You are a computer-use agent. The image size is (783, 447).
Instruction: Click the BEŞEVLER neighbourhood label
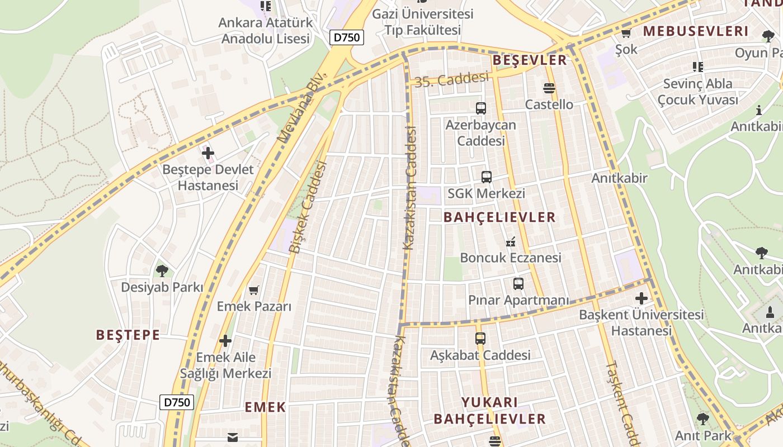tap(529, 60)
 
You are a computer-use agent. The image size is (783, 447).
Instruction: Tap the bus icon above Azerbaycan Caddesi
tap(481, 108)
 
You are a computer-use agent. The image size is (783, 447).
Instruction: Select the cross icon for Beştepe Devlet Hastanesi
tap(208, 153)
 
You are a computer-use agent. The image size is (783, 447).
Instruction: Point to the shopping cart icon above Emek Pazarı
tap(254, 290)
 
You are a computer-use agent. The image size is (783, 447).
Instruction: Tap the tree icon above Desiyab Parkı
tap(162, 271)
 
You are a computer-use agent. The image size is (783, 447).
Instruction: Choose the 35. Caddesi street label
tap(452, 80)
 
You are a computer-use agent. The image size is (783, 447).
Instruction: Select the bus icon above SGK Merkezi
tap(487, 177)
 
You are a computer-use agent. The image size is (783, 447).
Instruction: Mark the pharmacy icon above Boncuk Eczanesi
tap(510, 242)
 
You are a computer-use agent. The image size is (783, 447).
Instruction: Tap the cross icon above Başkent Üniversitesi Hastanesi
tap(641, 298)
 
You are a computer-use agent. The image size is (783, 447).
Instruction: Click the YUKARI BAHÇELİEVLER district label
tap(490, 411)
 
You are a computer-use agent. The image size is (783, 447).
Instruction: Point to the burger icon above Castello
tap(549, 88)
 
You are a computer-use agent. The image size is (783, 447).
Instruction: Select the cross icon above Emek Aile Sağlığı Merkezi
tap(225, 340)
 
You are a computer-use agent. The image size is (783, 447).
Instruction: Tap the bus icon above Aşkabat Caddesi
tap(480, 338)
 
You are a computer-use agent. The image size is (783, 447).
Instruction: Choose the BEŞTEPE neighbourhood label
tap(128, 335)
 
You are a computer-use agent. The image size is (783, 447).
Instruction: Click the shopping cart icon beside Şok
tap(626, 34)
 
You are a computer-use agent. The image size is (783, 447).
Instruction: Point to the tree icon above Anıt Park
tap(703, 419)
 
